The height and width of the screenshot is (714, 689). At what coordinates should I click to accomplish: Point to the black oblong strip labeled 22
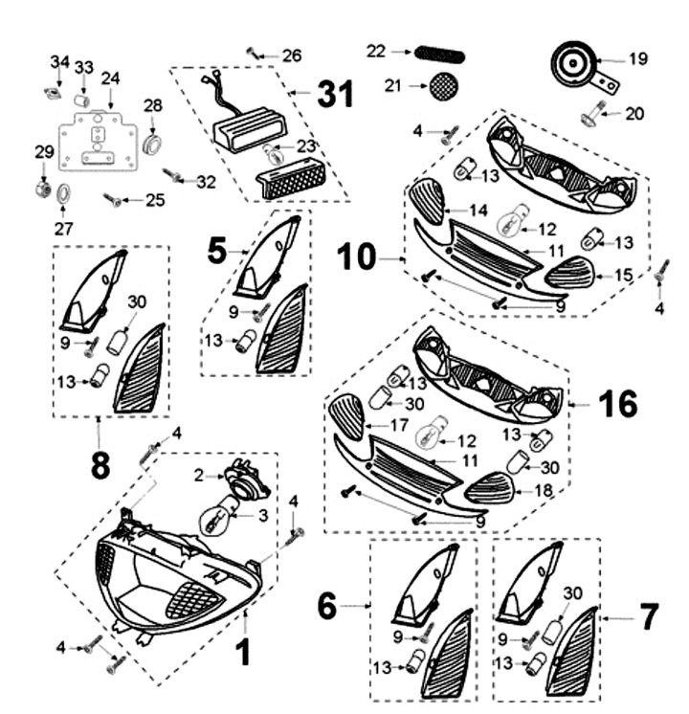click(436, 52)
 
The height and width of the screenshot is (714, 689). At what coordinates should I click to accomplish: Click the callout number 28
click(153, 105)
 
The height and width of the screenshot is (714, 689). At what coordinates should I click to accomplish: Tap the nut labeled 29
click(42, 186)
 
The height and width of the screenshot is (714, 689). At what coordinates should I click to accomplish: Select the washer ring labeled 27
click(63, 193)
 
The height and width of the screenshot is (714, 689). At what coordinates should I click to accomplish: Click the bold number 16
click(618, 404)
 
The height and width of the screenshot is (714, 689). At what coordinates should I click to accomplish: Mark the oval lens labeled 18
click(489, 491)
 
